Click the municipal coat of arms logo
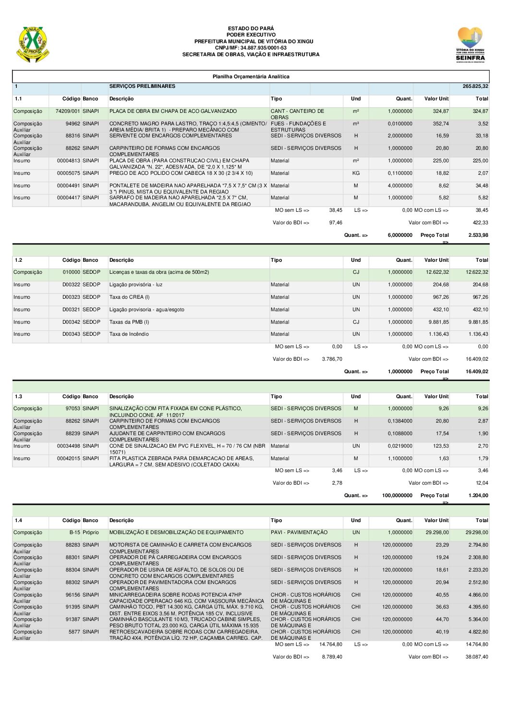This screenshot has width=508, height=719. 33,44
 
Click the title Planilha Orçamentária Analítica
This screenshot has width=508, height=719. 251,76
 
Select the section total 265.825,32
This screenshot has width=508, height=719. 475,86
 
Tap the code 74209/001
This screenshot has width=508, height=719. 68,111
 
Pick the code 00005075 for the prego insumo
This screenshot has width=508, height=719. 68,173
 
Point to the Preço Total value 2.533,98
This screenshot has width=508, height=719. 478,235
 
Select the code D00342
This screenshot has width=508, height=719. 71,322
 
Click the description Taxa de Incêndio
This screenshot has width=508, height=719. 129,334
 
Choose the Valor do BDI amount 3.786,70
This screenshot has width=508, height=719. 332,359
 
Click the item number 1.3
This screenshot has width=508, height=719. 18,397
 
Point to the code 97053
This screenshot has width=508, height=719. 73,409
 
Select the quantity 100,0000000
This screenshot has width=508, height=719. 397,496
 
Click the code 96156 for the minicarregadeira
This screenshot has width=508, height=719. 73,595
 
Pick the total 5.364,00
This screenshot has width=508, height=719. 478,620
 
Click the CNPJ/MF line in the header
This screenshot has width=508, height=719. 251,48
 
